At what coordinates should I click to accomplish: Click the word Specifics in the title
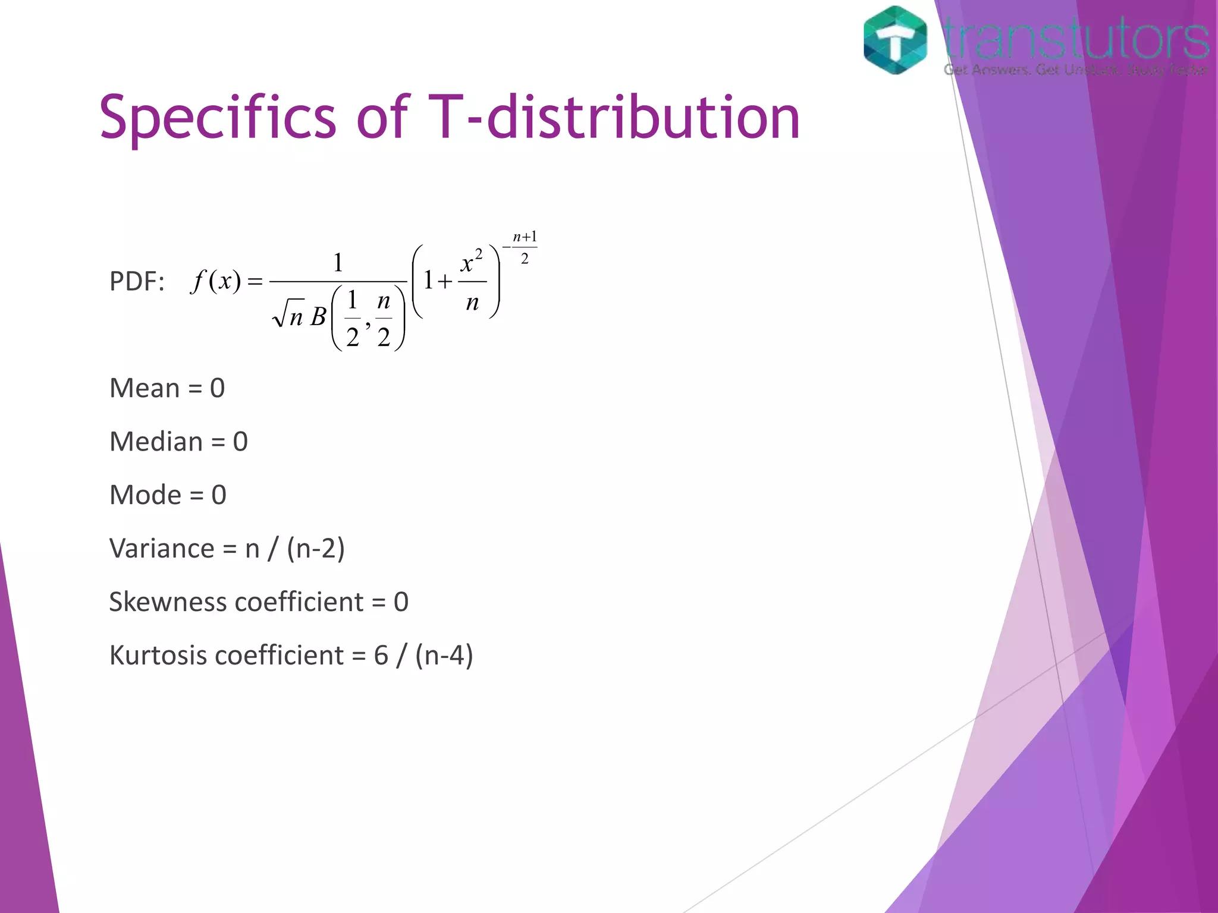tap(218, 118)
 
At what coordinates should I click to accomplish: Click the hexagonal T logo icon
tap(895, 40)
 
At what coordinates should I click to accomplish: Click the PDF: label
tap(137, 281)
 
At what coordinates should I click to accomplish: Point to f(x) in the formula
tap(216, 281)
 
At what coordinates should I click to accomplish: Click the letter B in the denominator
tap(318, 316)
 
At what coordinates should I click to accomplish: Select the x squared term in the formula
tap(471, 262)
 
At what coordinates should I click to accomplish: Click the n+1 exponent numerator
tap(525, 237)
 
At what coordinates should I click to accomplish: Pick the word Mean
tap(145, 388)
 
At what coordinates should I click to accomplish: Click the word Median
tap(156, 442)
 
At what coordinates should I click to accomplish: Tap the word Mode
tap(145, 495)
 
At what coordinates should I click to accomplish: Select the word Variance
tap(161, 548)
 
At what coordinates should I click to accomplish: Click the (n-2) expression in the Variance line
tap(315, 548)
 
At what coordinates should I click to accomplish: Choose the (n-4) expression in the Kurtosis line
tap(444, 655)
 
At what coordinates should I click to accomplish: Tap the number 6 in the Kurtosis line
tap(381, 655)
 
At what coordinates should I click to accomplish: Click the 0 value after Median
tap(240, 442)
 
